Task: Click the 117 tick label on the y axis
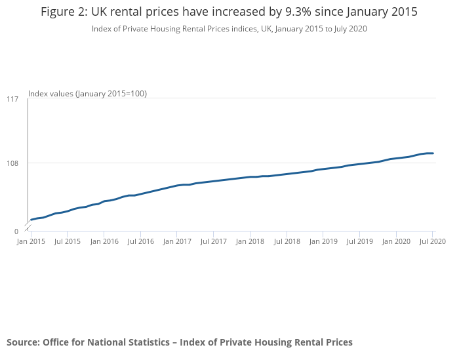coord(12,99)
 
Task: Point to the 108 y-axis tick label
coord(12,163)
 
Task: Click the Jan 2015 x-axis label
coord(31,242)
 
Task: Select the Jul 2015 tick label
coord(67,242)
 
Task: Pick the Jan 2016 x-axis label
coord(104,242)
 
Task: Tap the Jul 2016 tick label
coord(140,242)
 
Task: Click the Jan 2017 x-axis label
coord(177,242)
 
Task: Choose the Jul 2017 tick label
coord(213,242)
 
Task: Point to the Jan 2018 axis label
coord(250,242)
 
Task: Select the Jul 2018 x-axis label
coord(287,242)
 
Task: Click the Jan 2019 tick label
coord(323,242)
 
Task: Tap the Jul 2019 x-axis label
coord(359,242)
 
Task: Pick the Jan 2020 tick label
coord(396,242)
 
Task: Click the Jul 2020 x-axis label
coord(433,242)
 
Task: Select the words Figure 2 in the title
coord(65,12)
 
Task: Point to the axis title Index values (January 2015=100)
coord(87,94)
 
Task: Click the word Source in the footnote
coord(22,342)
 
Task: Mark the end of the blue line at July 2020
coord(433,153)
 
